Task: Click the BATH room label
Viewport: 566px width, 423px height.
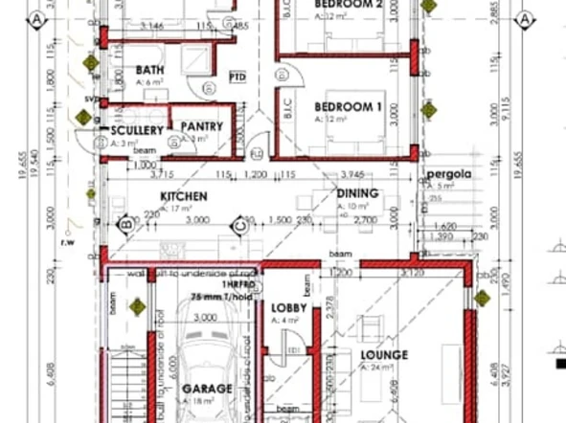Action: point(150,70)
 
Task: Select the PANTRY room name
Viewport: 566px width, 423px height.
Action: point(201,126)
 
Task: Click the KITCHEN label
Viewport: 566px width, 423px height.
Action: point(184,195)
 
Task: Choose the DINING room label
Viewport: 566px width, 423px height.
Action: point(357,193)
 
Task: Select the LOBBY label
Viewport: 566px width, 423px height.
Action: point(288,307)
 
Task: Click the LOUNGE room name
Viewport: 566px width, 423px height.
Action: point(384,355)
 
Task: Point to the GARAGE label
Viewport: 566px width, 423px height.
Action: point(207,389)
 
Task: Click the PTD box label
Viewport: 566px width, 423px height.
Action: point(238,76)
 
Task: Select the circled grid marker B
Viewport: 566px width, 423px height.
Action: point(124,225)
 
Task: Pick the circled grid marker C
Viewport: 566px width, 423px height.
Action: point(239,225)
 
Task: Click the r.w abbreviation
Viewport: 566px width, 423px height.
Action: point(67,242)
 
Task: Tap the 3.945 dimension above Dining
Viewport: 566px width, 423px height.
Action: point(355,174)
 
